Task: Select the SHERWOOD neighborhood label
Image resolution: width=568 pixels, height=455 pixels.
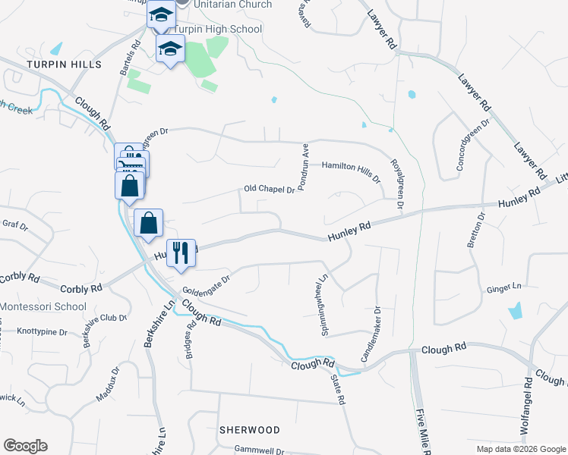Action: pyautogui.click(x=249, y=430)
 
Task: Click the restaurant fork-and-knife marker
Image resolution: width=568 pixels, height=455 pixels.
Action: pyautogui.click(x=181, y=253)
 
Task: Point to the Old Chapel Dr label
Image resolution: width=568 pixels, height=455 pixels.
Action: pyautogui.click(x=269, y=190)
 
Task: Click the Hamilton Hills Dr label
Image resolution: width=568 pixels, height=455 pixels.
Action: pyautogui.click(x=350, y=165)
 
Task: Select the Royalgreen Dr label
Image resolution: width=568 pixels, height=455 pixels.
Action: pyautogui.click(x=396, y=184)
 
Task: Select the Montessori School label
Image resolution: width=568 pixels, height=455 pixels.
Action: pyautogui.click(x=43, y=306)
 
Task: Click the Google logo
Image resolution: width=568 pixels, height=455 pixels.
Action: pyautogui.click(x=25, y=446)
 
